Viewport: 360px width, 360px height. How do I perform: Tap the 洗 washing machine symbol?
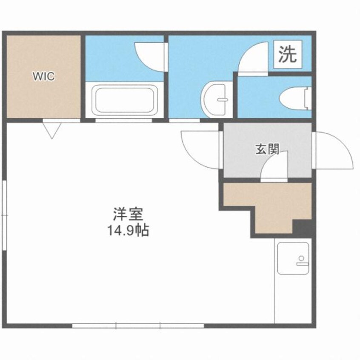click(x=288, y=54)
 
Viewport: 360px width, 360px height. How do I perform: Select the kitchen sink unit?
click(x=293, y=258)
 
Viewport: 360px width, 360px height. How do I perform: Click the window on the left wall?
click(x=4, y=215)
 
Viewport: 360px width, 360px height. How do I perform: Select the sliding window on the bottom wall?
click(x=138, y=326)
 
